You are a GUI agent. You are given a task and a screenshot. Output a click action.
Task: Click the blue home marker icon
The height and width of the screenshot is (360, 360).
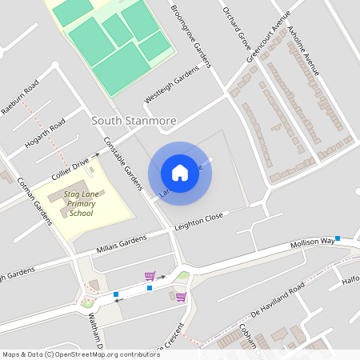point(180,172)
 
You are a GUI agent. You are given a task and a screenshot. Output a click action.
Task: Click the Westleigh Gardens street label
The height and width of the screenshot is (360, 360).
point(171,85)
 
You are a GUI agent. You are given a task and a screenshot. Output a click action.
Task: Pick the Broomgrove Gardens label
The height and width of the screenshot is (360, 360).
point(192,36)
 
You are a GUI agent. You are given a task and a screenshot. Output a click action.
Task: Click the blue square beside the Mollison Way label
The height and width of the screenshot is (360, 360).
point(338,238)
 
